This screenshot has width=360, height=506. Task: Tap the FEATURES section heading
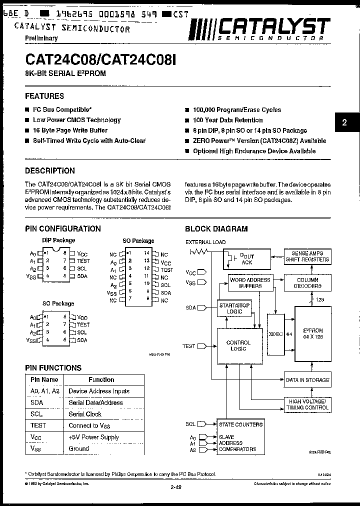(44, 96)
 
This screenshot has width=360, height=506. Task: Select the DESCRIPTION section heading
(50, 170)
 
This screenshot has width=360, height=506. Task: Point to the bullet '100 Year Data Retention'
(227, 120)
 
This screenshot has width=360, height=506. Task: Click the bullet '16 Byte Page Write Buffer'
(70, 130)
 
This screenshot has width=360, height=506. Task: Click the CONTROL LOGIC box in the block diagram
(238, 345)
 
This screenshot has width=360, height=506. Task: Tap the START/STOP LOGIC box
(234, 308)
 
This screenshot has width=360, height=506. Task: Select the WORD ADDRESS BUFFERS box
(250, 283)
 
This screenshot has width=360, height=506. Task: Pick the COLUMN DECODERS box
(307, 283)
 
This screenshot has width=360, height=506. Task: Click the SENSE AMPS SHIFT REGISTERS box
(307, 256)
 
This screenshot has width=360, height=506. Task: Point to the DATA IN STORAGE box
(307, 380)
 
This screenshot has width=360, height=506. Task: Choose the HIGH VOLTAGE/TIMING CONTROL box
(307, 404)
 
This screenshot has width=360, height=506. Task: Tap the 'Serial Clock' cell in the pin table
(85, 414)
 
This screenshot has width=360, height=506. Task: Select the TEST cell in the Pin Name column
(38, 425)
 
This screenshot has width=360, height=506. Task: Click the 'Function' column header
(101, 379)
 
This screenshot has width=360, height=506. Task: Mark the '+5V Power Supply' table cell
(94, 437)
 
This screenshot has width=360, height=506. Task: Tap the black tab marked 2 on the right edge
(344, 123)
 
